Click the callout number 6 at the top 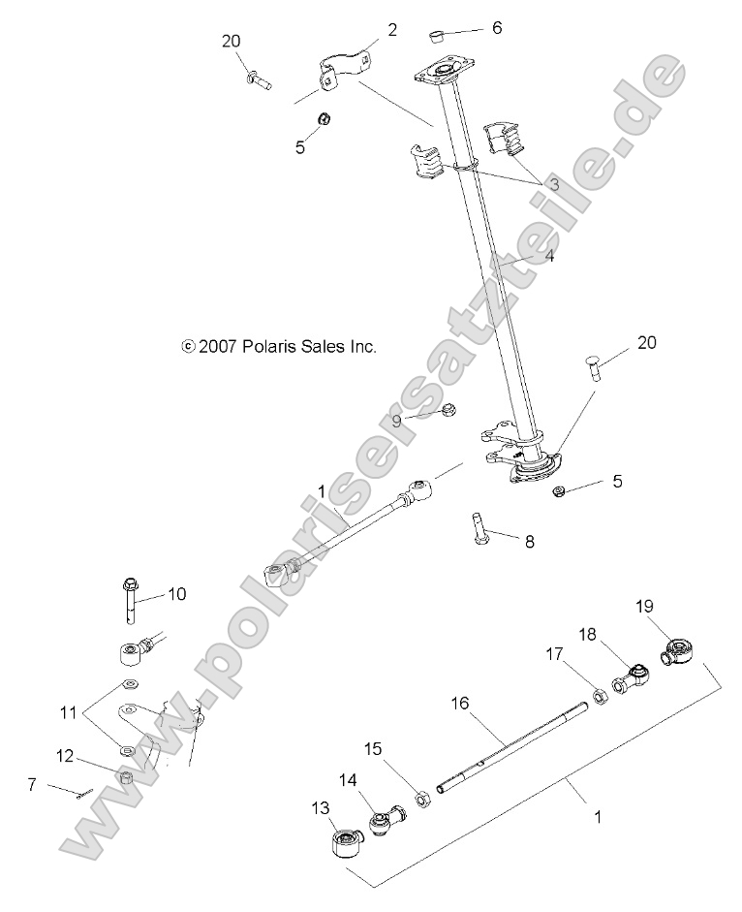tap(496, 28)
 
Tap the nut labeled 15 tap(422, 799)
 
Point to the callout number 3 tap(554, 183)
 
